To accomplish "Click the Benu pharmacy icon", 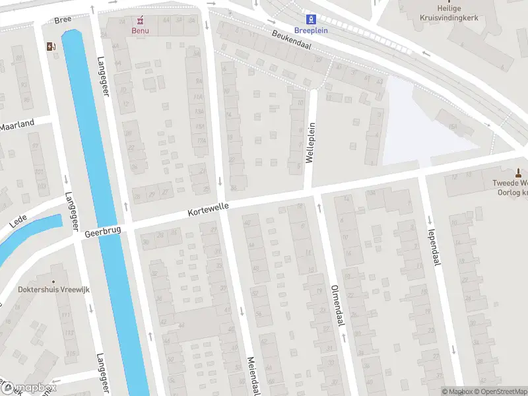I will (139, 20).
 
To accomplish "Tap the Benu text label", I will (139, 30).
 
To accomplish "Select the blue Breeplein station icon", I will (312, 20).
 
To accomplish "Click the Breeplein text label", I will (312, 30).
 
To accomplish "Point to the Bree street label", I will (63, 20).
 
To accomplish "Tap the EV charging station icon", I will (50, 46).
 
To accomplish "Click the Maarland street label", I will (16, 125).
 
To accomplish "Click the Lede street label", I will (18, 220).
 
